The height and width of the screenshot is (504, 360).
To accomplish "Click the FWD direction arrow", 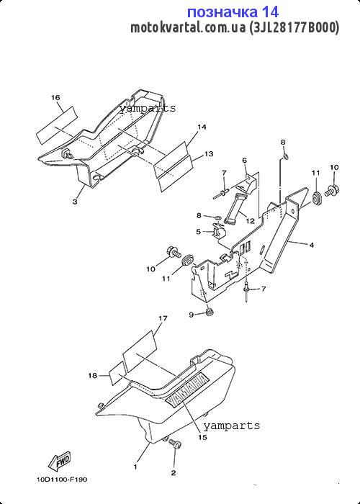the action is click(x=59, y=461).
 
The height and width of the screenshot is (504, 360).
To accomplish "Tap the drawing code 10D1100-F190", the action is click(x=61, y=480).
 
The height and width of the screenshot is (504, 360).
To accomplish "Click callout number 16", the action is click(x=55, y=97).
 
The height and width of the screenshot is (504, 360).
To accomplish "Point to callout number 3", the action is click(x=75, y=202).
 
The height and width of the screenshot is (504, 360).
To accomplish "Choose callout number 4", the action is click(x=312, y=245).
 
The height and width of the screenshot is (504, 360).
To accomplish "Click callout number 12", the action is click(x=250, y=221).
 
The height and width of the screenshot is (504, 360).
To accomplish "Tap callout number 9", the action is click(x=192, y=315).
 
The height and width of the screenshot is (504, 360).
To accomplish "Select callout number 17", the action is click(x=163, y=318).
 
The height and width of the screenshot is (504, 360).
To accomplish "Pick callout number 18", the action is click(x=93, y=375).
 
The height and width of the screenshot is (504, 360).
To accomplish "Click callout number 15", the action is click(x=202, y=437).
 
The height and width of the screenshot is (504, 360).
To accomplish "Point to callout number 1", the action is click(x=135, y=467).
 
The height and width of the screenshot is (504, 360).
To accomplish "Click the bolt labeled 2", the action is click(x=176, y=445).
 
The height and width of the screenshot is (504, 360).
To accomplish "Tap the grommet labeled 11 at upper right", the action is click(x=318, y=197).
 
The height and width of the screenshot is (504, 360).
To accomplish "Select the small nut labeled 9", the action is click(x=210, y=312).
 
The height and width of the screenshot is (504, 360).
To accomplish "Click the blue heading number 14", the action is click(x=270, y=12).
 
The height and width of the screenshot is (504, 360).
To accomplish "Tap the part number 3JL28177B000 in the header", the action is click(x=294, y=28).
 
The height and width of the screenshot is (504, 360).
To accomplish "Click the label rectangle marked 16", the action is click(x=57, y=126).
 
